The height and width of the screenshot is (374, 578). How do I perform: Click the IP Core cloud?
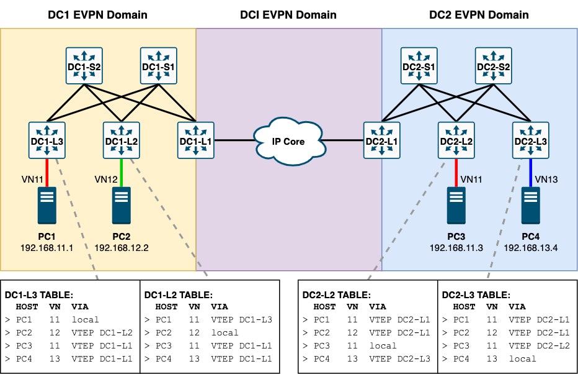coord(288,141)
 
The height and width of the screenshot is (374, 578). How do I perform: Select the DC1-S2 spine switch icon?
coord(84,66)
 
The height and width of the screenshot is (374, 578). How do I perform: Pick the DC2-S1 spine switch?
coord(419,66)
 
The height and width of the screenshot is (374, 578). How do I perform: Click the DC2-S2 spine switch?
coord(494,66)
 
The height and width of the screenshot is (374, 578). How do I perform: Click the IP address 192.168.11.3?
coord(456,248)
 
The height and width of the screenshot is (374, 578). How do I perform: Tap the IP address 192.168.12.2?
coord(122,248)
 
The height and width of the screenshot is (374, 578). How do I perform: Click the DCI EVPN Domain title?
coord(288,14)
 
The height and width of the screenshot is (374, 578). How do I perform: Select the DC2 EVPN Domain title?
coord(479,14)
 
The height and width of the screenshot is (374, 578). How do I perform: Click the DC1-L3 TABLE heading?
coord(40,295)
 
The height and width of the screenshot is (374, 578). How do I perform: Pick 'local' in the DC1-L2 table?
coord(225,332)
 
